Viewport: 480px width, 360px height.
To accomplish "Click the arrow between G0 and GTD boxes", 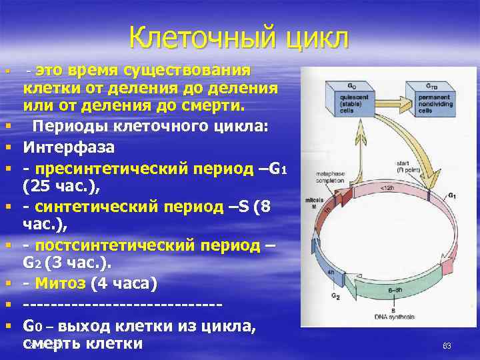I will click(x=388, y=91).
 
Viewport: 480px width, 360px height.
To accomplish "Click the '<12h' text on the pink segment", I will click(x=387, y=188).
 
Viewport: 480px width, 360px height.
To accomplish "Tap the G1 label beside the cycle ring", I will click(x=451, y=195).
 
